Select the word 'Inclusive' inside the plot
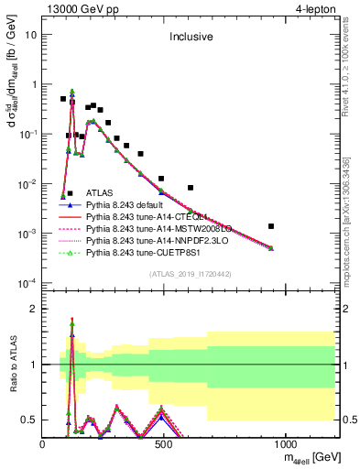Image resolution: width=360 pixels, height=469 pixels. [191, 38]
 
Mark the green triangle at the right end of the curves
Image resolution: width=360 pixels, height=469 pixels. [271, 248]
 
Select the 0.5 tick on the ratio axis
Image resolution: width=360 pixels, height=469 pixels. [29, 420]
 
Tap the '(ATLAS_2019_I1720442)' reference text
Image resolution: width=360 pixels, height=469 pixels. [191, 274]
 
